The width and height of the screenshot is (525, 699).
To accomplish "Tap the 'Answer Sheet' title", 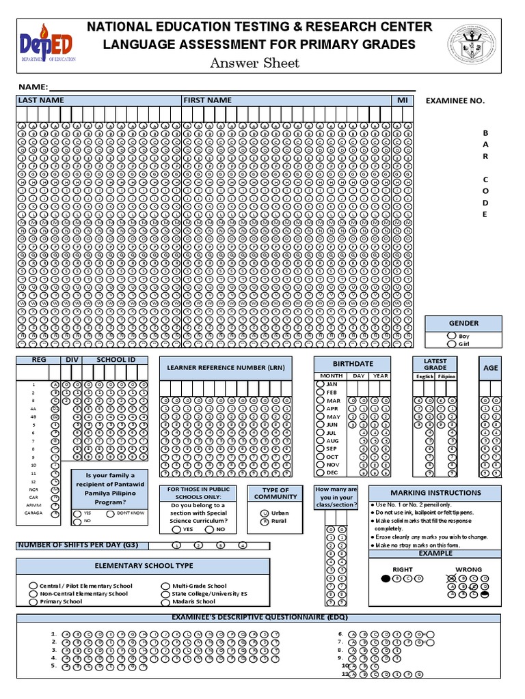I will coord(254,63).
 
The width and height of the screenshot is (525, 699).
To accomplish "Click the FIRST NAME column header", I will coord(208,100).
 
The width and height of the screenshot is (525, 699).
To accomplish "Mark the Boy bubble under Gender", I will coord(450,336).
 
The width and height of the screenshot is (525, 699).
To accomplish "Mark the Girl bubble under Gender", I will coord(450,345).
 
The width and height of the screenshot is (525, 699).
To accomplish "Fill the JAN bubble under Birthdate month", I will coord(320,384).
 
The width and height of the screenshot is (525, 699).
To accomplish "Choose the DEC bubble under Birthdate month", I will coord(320,472).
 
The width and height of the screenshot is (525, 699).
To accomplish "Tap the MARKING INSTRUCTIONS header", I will coord(435,493).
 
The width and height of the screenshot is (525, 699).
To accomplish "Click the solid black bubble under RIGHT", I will coord(386,579).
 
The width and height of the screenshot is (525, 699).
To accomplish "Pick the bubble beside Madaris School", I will coord(165,601).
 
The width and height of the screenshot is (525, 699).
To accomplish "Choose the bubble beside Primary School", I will coord(33,601).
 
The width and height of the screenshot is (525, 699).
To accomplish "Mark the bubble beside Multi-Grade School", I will coord(165,586).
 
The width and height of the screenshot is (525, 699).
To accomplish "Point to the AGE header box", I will coord(491,368).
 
